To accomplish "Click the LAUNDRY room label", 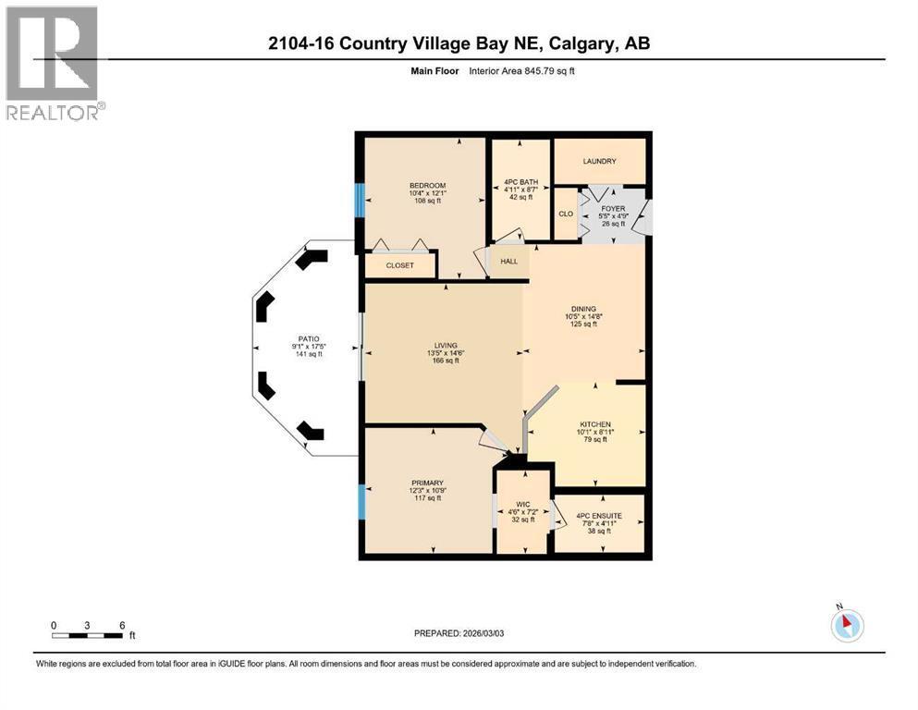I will point(599,162).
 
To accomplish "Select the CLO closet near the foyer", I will point(565,214).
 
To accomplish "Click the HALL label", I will point(508,262).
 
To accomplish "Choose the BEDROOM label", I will point(427,186).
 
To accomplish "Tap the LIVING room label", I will point(446,345).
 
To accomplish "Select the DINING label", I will point(583,309).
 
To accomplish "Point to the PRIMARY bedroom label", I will point(427,483).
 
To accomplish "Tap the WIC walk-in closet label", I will point(523,506).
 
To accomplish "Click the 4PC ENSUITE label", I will point(598,516).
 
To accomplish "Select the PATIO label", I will point(308,339).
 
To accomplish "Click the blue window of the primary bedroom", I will point(361,502).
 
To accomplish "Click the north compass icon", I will point(846,624).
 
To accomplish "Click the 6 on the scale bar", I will point(121,625).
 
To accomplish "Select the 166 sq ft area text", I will point(446,361).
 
